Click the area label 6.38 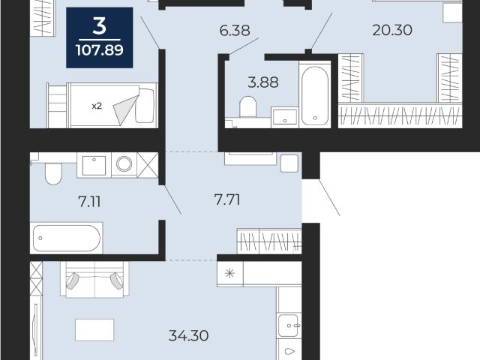click(235, 30)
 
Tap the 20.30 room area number click(392, 30)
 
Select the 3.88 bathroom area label click(263, 82)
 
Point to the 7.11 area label click(89, 202)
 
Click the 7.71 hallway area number click(227, 200)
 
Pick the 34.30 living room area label click(188, 336)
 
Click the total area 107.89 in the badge click(100, 50)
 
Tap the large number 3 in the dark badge click(100, 26)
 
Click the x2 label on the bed click(97, 106)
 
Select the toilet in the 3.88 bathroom click(247, 106)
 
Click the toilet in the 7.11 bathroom click(53, 173)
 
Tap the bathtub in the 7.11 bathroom click(66, 238)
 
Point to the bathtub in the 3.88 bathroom click(315, 95)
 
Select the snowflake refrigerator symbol click(229, 273)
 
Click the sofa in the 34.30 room click(95, 279)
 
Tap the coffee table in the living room click(94, 330)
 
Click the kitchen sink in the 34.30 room click(289, 325)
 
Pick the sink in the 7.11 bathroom click(94, 165)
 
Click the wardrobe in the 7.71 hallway click(269, 241)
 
